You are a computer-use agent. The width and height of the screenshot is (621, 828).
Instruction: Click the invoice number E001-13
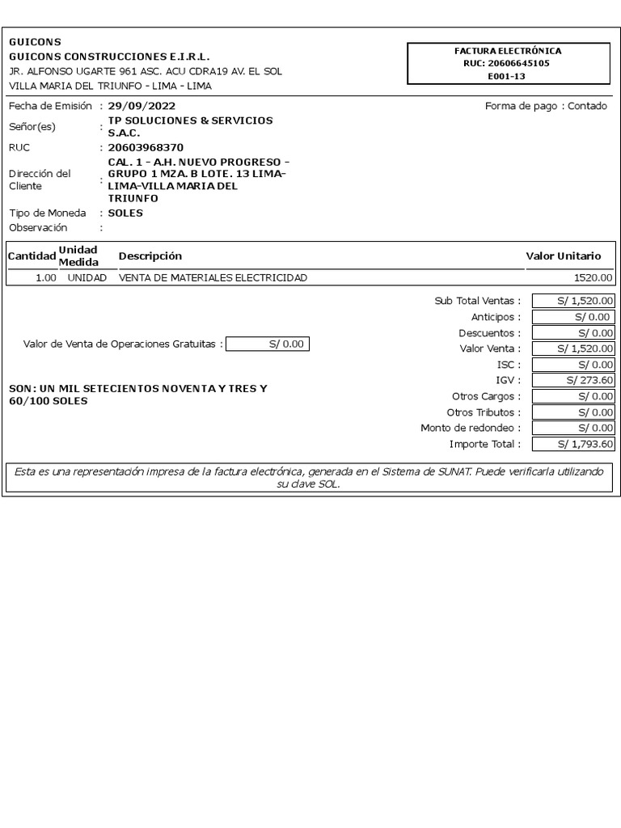click(507, 75)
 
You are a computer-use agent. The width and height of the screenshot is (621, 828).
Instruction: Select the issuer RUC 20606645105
click(507, 63)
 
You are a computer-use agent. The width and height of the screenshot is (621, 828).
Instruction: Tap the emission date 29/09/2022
click(142, 106)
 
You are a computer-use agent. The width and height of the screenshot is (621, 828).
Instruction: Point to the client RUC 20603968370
click(146, 148)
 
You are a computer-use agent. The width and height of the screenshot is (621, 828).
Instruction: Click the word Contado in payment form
click(587, 106)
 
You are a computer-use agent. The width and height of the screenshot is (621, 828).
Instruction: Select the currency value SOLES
click(125, 213)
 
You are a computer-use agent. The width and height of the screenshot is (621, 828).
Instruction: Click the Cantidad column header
click(32, 256)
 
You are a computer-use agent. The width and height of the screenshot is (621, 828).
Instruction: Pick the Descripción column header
click(150, 256)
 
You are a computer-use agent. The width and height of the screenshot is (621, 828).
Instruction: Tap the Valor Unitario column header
click(564, 256)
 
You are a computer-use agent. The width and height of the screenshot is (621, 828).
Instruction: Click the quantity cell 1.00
click(45, 278)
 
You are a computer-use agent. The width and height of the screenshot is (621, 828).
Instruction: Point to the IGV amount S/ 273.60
click(573, 380)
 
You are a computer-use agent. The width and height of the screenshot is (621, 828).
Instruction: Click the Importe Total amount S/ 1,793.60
click(573, 444)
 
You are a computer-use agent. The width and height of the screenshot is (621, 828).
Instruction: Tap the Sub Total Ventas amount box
click(573, 301)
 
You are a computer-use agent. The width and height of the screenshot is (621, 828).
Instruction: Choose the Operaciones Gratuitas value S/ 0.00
click(268, 344)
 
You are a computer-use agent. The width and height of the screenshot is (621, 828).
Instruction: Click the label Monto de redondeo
click(471, 428)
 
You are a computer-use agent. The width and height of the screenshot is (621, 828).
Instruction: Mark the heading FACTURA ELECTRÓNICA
click(507, 51)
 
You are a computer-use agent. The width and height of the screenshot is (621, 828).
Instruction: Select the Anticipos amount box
click(573, 317)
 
